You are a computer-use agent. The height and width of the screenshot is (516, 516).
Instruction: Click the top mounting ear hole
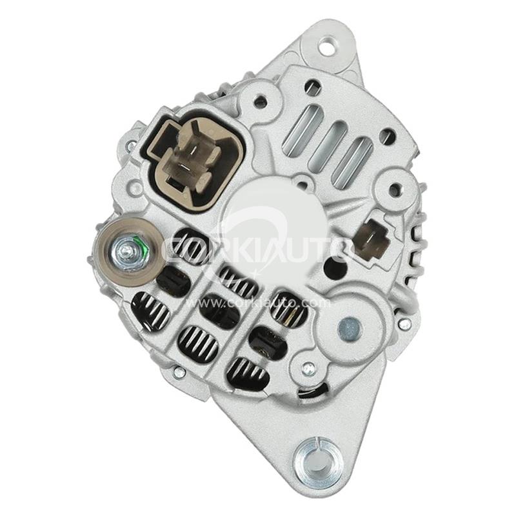[327, 46]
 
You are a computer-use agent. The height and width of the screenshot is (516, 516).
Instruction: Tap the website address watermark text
[257, 303]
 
